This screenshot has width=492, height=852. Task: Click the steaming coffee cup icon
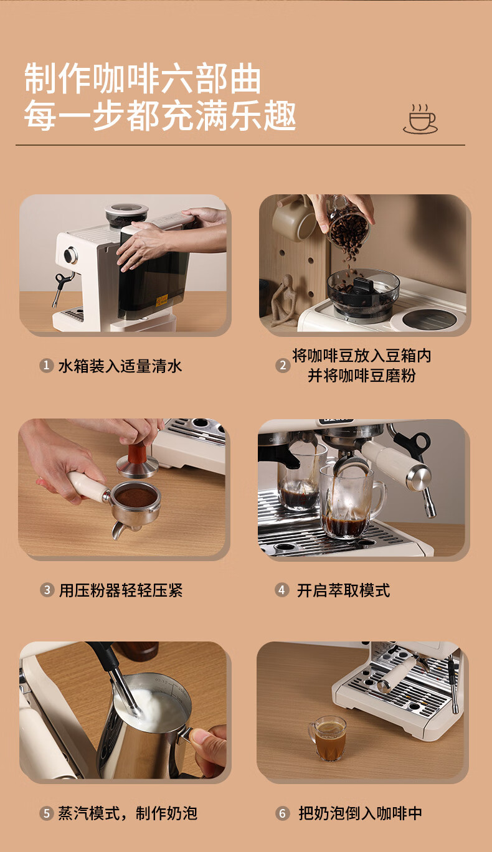click(x=420, y=119)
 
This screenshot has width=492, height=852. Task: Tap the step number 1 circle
click(x=46, y=366)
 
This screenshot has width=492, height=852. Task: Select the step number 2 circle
click(x=283, y=366)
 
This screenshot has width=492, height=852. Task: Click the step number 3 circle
click(x=47, y=590)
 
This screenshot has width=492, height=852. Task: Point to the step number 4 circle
click(x=281, y=590)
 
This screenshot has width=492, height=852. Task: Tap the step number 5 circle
click(x=46, y=813)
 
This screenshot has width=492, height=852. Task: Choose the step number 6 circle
click(x=283, y=813)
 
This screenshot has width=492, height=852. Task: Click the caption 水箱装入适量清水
click(x=120, y=366)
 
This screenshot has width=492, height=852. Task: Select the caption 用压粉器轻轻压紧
click(x=121, y=590)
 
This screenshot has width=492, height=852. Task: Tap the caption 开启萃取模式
click(x=343, y=590)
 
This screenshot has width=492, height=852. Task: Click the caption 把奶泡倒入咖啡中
click(x=360, y=813)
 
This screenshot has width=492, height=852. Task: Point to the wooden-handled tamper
click(x=138, y=459)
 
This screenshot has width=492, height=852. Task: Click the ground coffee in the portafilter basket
click(x=136, y=495)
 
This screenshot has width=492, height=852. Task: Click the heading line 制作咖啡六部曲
click(x=143, y=78)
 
